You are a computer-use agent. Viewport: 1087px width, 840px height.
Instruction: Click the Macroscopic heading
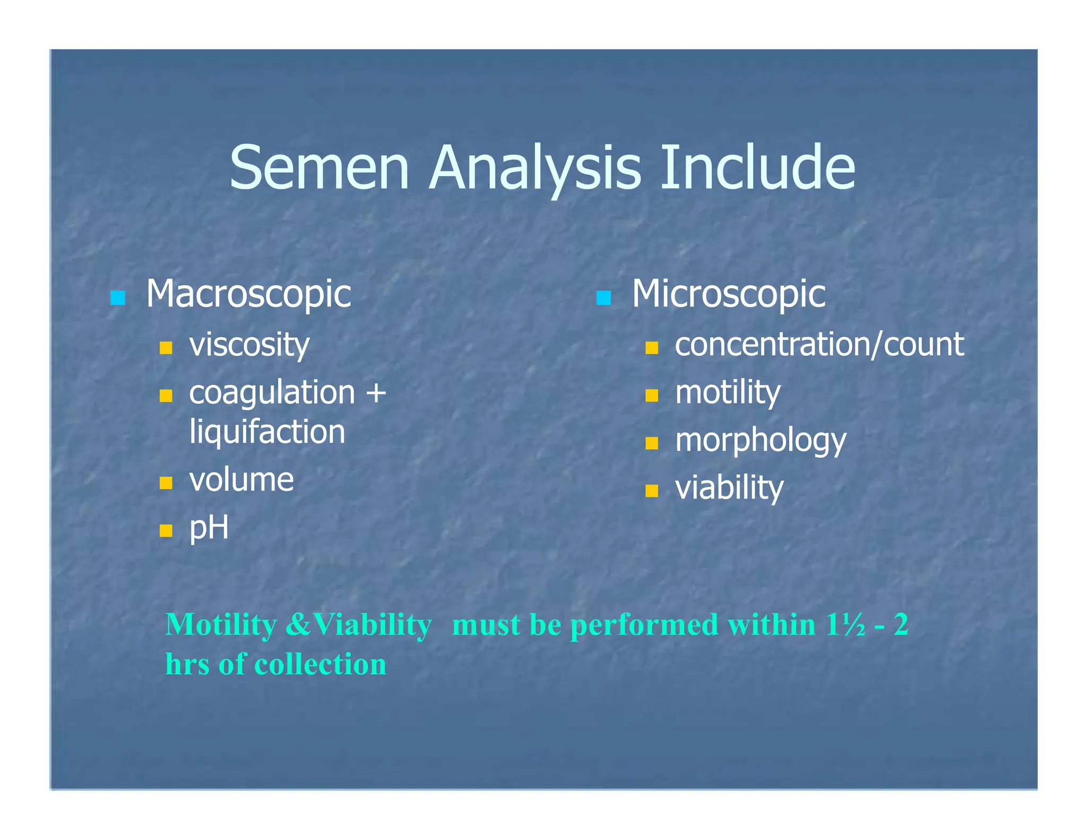[248, 294]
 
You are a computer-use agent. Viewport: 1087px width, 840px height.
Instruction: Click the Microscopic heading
[728, 294]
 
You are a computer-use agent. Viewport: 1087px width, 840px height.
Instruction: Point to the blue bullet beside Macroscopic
[118, 298]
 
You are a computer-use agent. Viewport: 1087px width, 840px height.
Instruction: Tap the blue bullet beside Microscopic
[603, 298]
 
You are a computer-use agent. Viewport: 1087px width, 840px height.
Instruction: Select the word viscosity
[249, 345]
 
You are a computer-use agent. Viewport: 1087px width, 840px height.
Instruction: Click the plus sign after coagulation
[376, 393]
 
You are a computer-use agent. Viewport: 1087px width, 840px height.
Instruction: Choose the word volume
[241, 480]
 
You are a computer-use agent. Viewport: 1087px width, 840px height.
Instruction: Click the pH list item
[209, 528]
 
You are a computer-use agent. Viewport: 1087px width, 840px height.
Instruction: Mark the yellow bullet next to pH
[166, 530]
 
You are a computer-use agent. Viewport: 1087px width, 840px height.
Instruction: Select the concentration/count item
[819, 345]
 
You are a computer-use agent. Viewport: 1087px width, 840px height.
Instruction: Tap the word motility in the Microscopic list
[728, 393]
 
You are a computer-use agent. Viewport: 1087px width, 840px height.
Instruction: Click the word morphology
[760, 441]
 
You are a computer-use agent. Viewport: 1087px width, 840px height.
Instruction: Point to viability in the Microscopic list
[729, 488]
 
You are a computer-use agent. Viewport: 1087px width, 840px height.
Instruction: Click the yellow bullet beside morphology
[652, 443]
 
